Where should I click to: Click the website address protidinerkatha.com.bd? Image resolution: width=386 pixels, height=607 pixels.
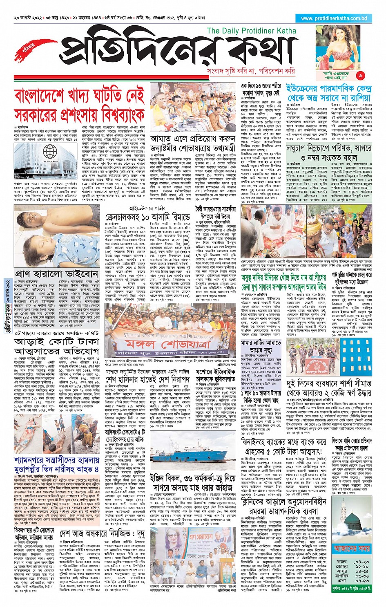[334, 18]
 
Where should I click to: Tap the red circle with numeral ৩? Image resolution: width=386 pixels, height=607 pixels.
[360, 75]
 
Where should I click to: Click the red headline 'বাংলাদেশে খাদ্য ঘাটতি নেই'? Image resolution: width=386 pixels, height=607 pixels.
[79, 96]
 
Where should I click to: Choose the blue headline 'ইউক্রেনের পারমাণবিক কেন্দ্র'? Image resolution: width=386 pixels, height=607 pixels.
[329, 89]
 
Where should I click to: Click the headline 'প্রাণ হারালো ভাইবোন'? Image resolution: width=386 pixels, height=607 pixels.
[57, 273]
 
